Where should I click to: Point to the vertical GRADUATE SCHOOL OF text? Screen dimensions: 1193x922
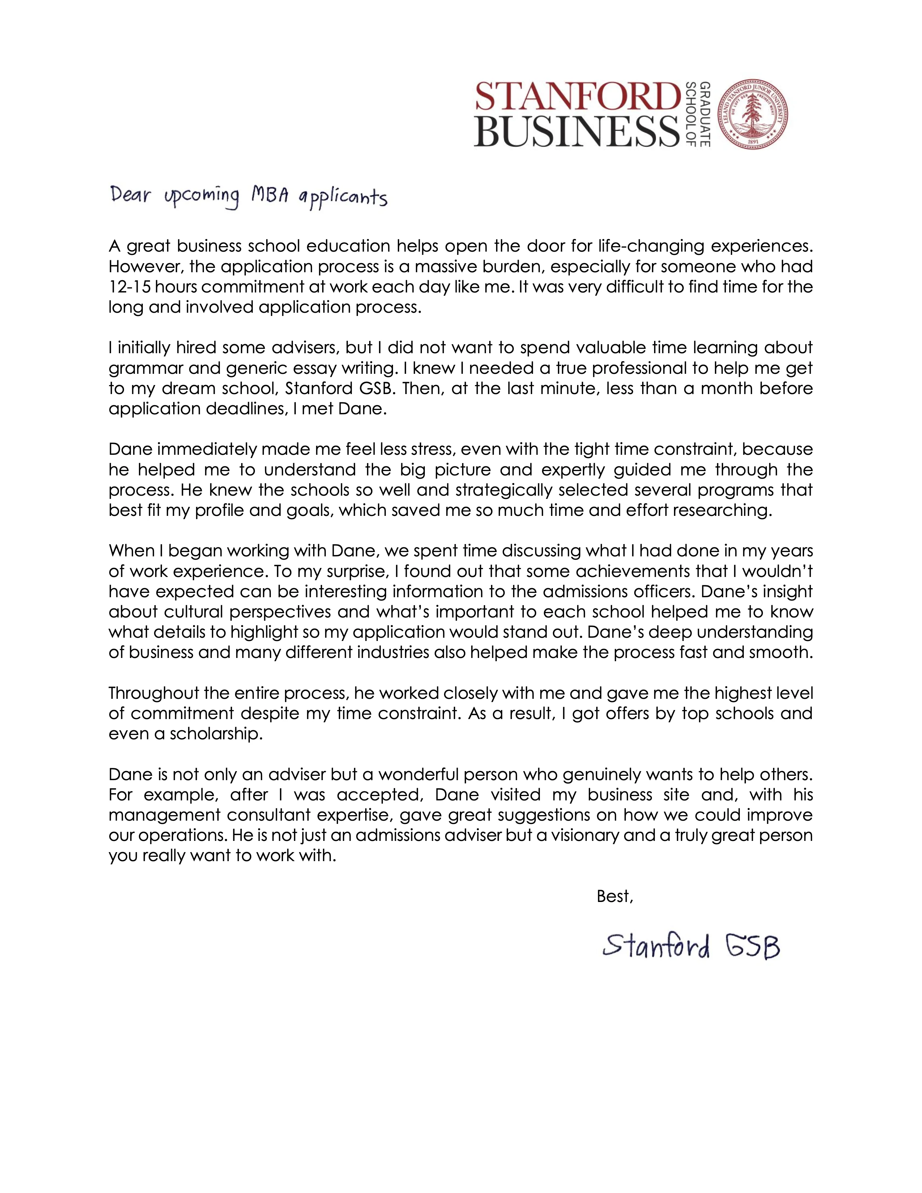(x=697, y=114)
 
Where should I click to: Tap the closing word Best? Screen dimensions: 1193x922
(x=614, y=897)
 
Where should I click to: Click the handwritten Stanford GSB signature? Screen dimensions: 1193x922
(x=691, y=947)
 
